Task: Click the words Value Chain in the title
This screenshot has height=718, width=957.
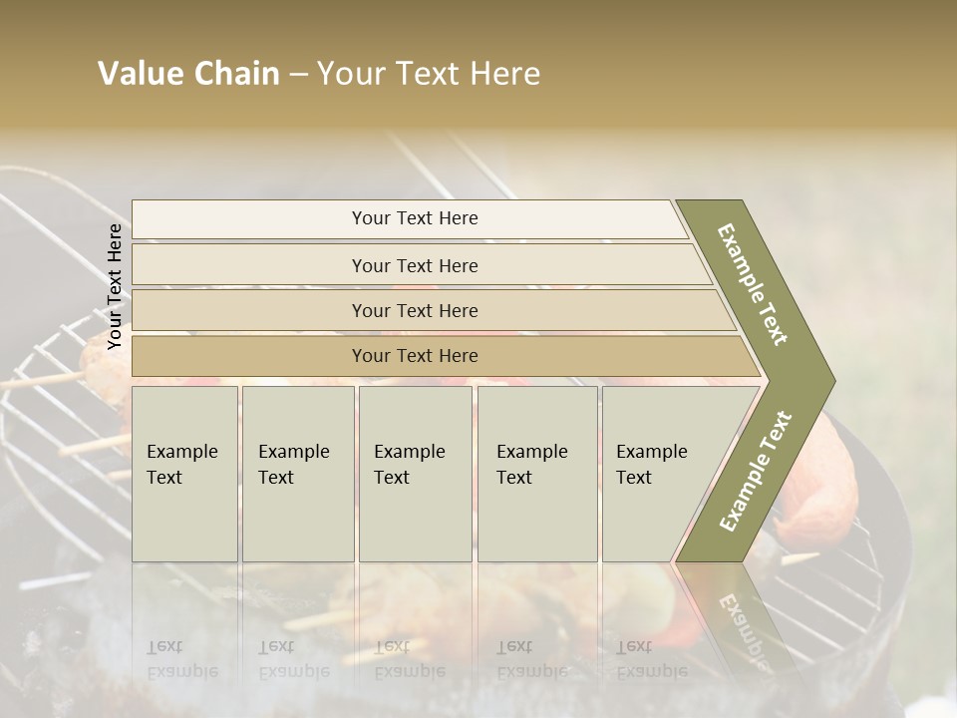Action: coord(188,74)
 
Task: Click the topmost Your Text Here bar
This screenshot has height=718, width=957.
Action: coord(414,218)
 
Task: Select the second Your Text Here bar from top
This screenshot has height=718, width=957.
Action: coord(414,265)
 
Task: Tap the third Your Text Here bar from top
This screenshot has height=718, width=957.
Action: coord(414,310)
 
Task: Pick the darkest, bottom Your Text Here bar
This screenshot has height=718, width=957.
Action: coord(414,356)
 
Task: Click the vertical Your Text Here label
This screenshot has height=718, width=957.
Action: coord(115,286)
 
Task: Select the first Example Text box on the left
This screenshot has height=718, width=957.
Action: coord(184,473)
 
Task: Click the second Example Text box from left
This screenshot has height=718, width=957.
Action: coord(297,473)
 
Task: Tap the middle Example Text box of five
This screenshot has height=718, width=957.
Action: coord(415,473)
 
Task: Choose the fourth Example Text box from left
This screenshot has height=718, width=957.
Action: coord(537,473)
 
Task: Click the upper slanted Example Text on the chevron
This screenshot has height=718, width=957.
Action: coord(754,284)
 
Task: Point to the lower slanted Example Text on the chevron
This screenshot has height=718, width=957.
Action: coord(756,471)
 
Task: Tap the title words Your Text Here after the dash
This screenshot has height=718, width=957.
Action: coord(429,74)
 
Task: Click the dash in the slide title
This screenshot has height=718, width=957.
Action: coord(298,74)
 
